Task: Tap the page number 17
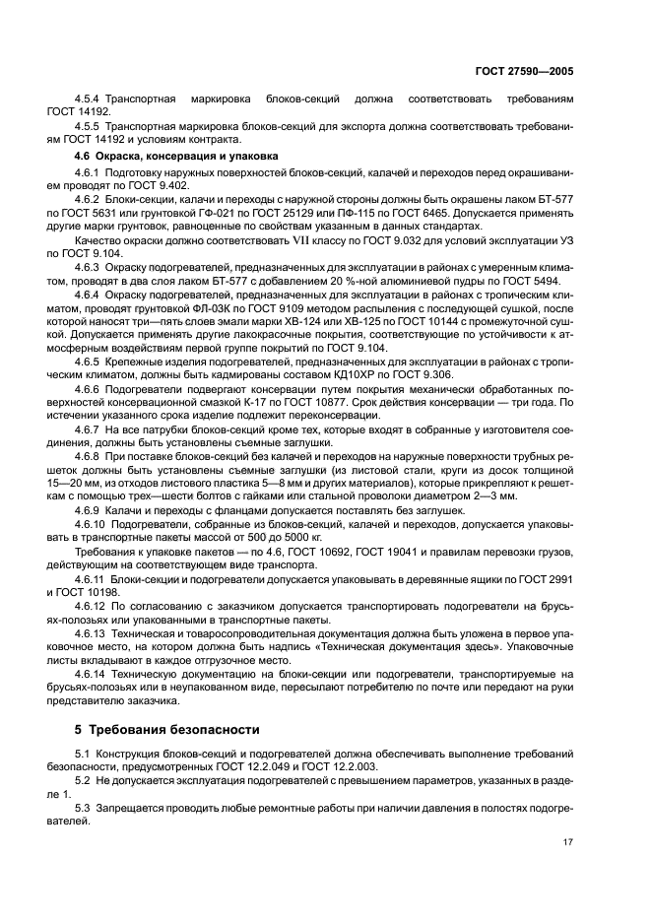pos(568,842)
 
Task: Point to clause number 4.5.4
pos(91,100)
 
